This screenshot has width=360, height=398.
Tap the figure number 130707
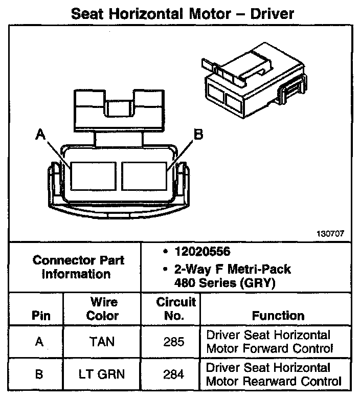(330, 233)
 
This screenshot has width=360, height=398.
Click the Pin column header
(39, 315)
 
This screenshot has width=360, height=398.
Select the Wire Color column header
(102, 308)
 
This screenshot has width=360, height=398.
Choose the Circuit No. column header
(176, 308)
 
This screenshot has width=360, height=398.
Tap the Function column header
(278, 315)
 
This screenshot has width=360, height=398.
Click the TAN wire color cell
(102, 342)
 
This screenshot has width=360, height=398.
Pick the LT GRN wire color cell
(102, 374)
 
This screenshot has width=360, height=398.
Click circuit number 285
(173, 342)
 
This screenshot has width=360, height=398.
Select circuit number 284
(173, 374)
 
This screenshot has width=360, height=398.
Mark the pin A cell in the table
(39, 342)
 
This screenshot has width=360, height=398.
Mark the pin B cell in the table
(39, 374)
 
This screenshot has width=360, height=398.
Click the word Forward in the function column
(260, 349)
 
